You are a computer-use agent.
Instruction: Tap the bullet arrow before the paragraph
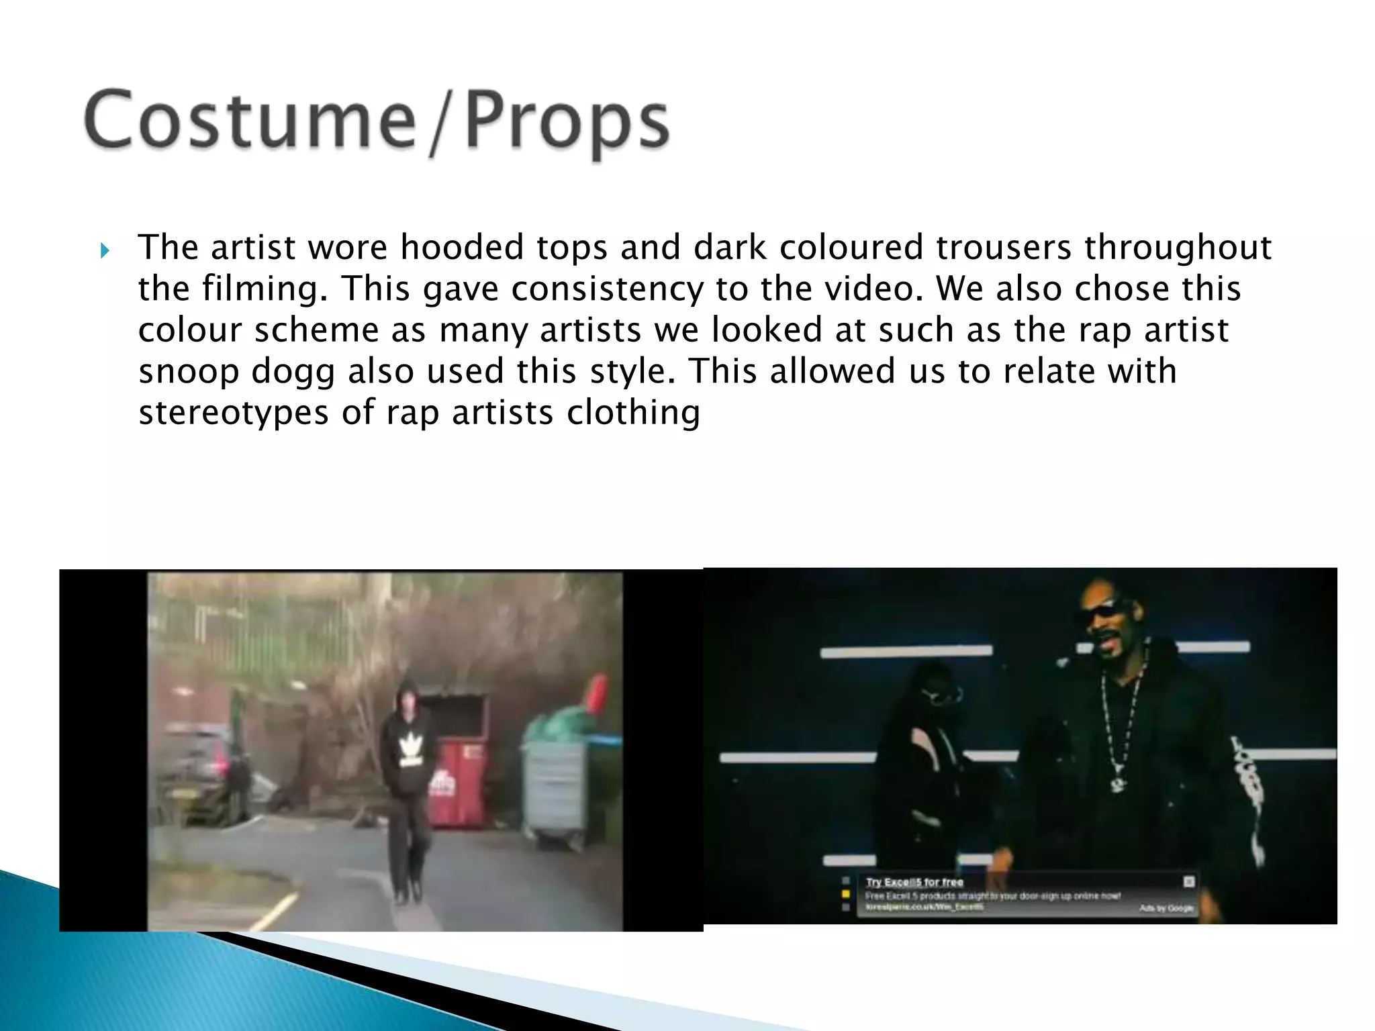pyautogui.click(x=104, y=251)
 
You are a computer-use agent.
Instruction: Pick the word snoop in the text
pyautogui.click(x=189, y=372)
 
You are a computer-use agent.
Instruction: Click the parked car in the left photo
pyautogui.click(x=195, y=772)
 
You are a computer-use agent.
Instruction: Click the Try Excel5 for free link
pyautogui.click(x=914, y=882)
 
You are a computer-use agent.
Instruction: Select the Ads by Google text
pyautogui.click(x=1166, y=908)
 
